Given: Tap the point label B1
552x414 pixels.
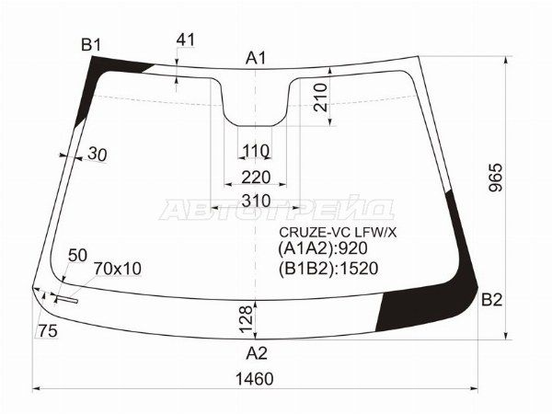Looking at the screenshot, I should pyautogui.click(x=91, y=45).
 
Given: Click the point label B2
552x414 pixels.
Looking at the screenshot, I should pyautogui.click(x=492, y=300).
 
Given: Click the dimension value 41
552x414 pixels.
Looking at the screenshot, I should pyautogui.click(x=186, y=40).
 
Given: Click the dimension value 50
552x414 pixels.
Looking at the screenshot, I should pyautogui.click(x=78, y=254).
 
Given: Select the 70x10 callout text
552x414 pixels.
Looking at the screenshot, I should pyautogui.click(x=118, y=269).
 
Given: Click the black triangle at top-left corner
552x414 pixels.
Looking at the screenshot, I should pyautogui.click(x=109, y=70).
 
